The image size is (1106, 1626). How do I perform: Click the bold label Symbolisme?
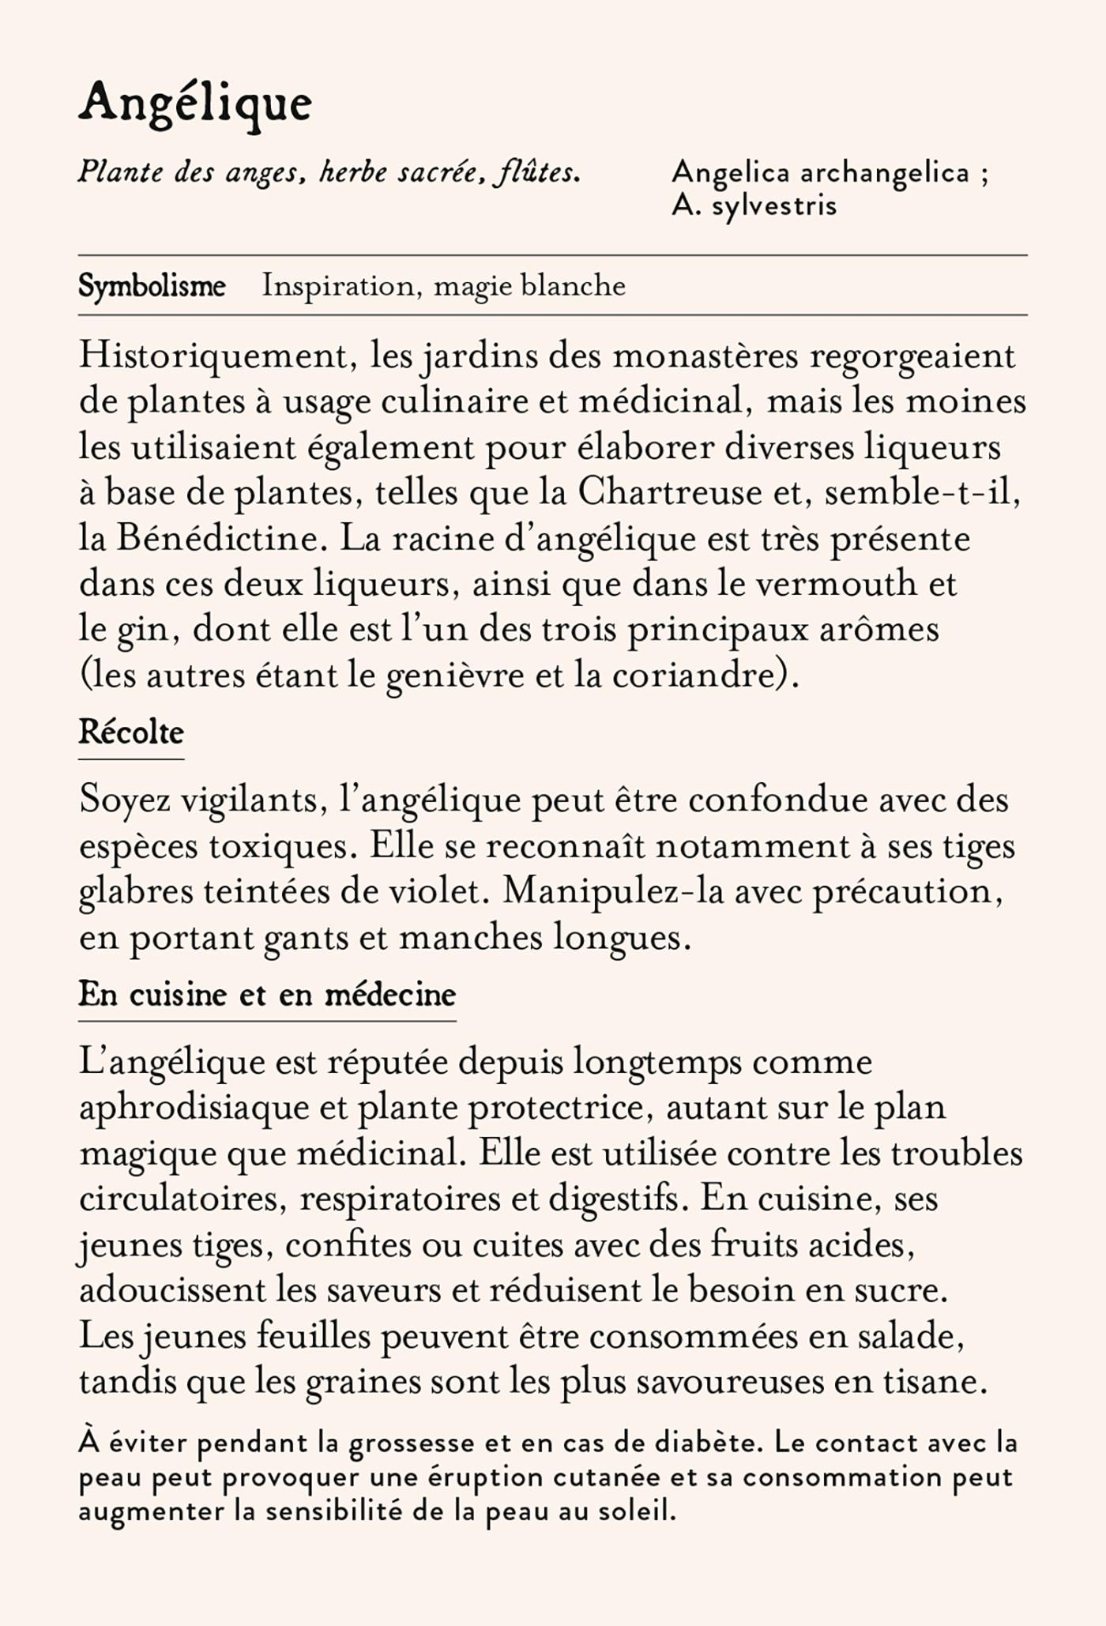point(152,286)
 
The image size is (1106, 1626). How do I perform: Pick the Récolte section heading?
point(131,733)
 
